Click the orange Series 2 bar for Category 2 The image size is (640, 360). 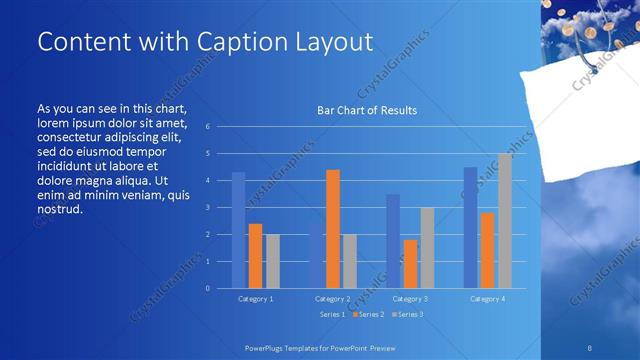(x=333, y=229)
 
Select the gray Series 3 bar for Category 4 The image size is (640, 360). (x=505, y=221)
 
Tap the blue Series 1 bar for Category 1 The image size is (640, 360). (x=238, y=230)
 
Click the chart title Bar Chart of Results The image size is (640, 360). (x=367, y=110)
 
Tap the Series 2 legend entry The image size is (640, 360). (x=365, y=314)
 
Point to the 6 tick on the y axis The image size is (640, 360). (x=206, y=127)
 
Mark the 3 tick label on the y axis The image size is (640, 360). (x=206, y=208)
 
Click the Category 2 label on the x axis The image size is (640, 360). (x=332, y=299)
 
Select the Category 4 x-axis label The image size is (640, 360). (x=487, y=299)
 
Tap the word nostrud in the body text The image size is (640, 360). (x=58, y=210)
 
